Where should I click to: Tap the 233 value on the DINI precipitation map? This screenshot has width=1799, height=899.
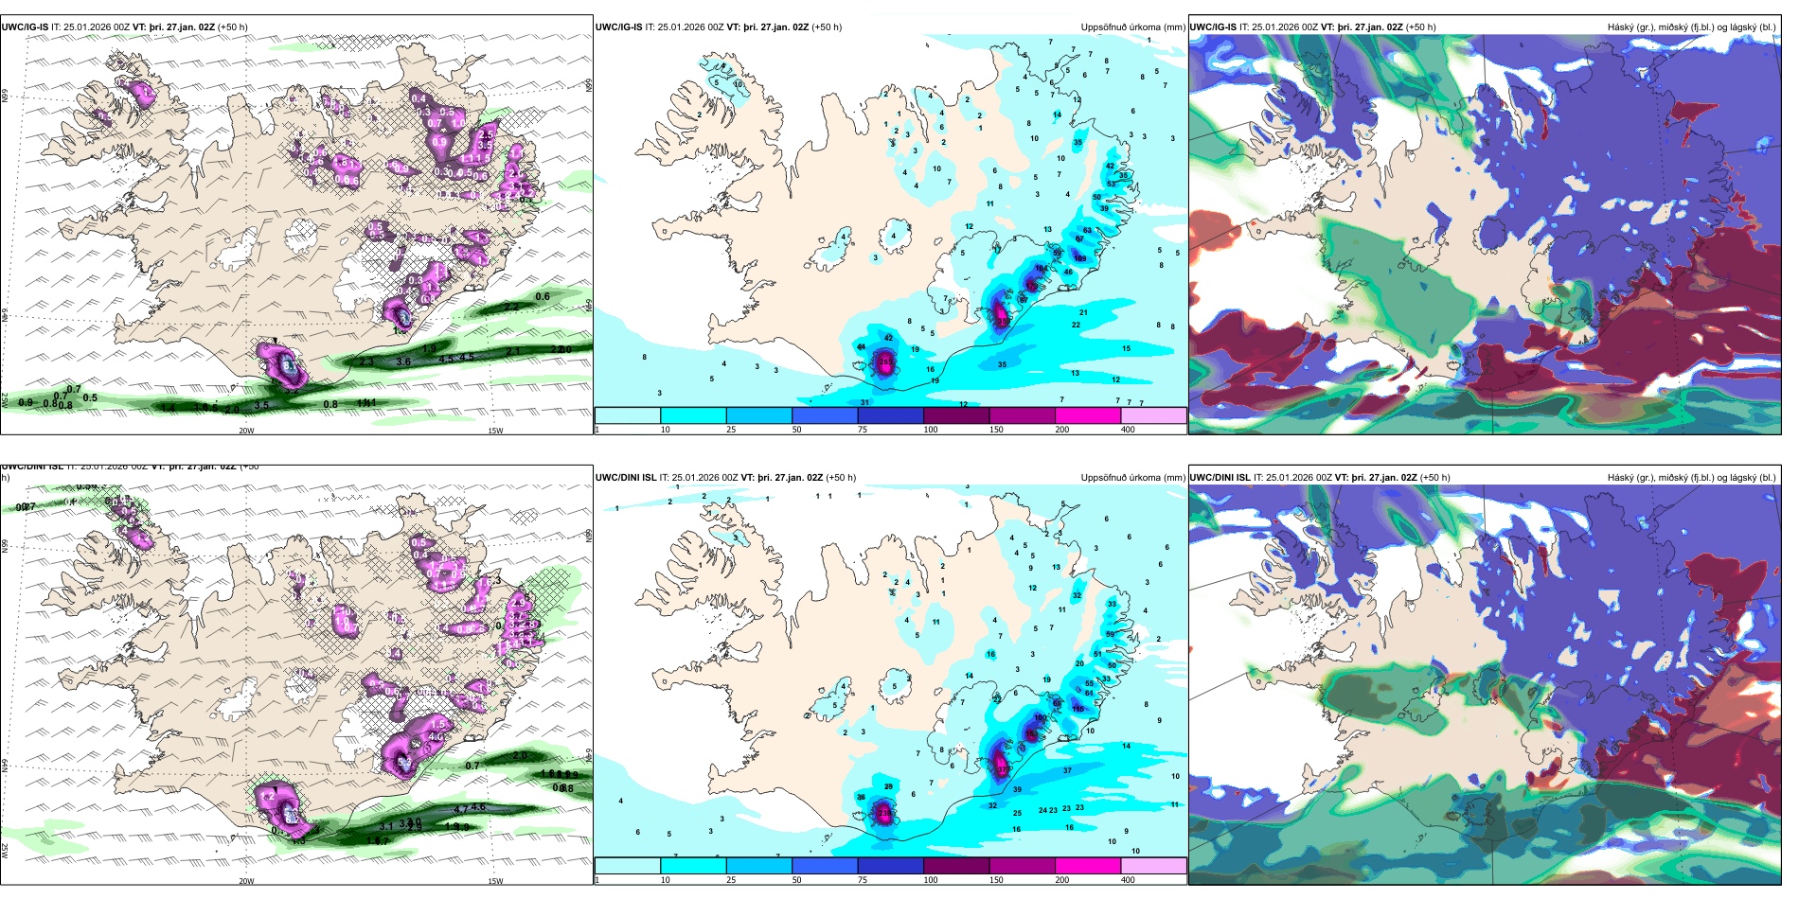pos(884,812)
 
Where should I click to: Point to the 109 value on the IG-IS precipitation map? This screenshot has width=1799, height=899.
pos(1079,258)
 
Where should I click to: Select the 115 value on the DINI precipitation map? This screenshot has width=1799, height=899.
pos(1078,709)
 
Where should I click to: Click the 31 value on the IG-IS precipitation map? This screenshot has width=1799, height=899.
pos(864,402)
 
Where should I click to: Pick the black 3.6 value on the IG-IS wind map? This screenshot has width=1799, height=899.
pos(403,361)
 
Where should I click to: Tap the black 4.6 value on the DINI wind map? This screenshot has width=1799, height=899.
pos(478,807)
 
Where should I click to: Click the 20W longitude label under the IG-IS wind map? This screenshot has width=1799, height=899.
pos(246,431)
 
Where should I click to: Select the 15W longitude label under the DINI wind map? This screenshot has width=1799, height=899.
pos(495,881)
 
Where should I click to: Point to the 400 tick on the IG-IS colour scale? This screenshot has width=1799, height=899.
pos(1128,430)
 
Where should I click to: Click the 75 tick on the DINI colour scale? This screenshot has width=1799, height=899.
pos(864,880)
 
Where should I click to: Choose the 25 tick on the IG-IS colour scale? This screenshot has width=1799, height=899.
pos(731,430)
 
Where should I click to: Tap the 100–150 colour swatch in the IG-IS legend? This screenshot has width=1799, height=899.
pos(956,415)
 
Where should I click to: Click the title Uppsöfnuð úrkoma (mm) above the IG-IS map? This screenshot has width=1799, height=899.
pos(1132,27)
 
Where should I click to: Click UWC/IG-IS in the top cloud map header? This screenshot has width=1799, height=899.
pos(1213,27)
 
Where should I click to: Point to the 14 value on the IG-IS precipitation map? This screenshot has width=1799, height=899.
pos(1058,115)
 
